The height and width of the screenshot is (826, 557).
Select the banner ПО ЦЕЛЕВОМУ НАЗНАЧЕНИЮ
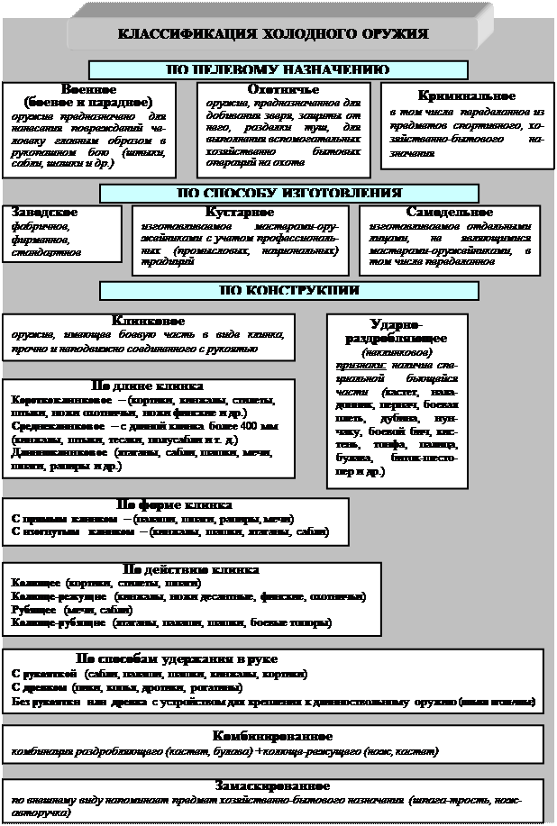click(278, 69)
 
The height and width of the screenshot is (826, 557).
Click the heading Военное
click(88, 90)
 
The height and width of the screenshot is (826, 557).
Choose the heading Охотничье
click(283, 90)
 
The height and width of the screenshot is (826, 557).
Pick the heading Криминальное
click(467, 95)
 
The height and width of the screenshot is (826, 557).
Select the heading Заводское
click(43, 212)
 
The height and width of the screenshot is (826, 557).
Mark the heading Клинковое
click(149, 320)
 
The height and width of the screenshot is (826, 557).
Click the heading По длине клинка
click(149, 385)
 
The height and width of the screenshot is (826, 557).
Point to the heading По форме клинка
click(176, 504)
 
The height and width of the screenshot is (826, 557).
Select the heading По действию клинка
click(190, 569)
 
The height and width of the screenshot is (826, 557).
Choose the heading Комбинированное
click(273, 736)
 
